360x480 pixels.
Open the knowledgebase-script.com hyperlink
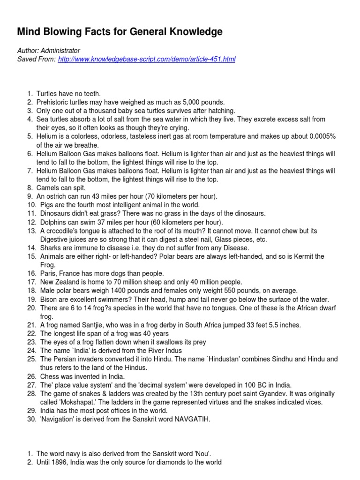[147, 60]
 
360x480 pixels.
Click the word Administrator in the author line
[60, 51]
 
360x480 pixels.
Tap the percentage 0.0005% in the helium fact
[322, 136]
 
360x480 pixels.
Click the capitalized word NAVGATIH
[192, 420]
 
